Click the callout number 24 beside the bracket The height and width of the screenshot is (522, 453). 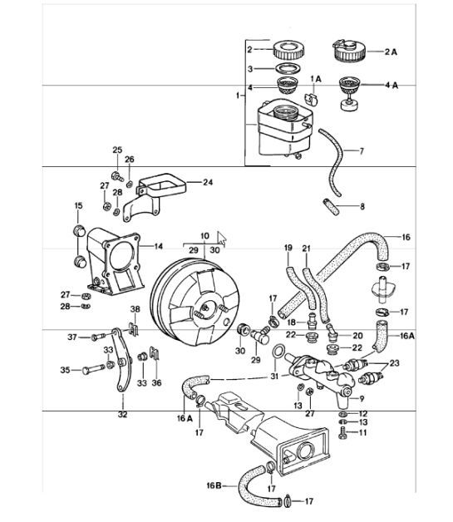[x=207, y=181]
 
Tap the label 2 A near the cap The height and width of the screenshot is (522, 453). [x=391, y=51]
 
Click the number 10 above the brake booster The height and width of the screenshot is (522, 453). [x=204, y=236]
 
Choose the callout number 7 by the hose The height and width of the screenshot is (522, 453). [x=362, y=151]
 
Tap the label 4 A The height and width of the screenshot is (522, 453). [x=391, y=84]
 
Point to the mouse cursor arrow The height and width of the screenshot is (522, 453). [x=222, y=236]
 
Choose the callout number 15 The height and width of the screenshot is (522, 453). [x=79, y=205]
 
